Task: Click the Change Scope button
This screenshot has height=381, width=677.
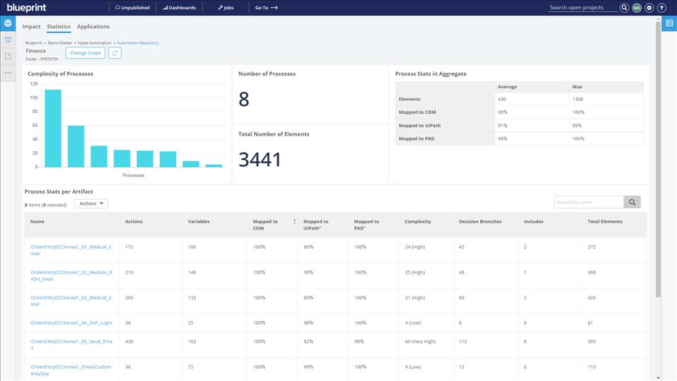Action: pyautogui.click(x=85, y=53)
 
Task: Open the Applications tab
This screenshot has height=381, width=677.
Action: pyautogui.click(x=93, y=27)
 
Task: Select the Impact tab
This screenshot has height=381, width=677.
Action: pyautogui.click(x=31, y=27)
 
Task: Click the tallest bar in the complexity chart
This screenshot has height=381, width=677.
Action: pyautogui.click(x=53, y=128)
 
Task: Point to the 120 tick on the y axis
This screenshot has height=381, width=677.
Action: pyautogui.click(x=33, y=83)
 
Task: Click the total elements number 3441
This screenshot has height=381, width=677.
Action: pyautogui.click(x=260, y=160)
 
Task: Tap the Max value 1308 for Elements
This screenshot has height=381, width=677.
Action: pyautogui.click(x=578, y=99)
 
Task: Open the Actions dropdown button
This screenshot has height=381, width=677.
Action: pyautogui.click(x=91, y=204)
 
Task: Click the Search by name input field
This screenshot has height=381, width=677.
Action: pyautogui.click(x=589, y=202)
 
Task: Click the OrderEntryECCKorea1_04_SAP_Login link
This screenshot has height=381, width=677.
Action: pyautogui.click(x=71, y=322)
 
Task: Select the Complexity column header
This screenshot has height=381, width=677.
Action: pyautogui.click(x=417, y=222)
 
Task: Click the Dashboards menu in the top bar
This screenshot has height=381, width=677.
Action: pyautogui.click(x=179, y=8)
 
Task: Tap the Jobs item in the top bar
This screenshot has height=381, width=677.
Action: pyautogui.click(x=226, y=8)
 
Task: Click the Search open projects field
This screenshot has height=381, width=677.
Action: pyautogui.click(x=583, y=8)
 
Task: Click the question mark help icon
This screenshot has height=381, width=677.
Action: pyautogui.click(x=661, y=8)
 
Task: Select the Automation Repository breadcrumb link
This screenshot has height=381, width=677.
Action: pyautogui.click(x=138, y=43)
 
